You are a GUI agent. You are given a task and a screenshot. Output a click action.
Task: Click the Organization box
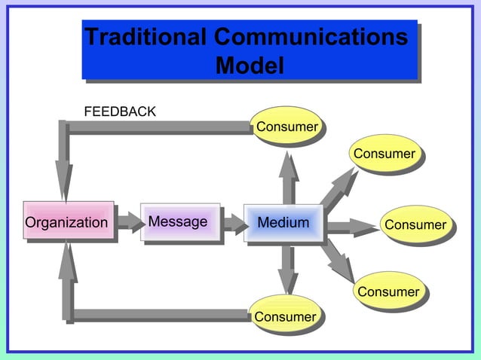[x=68, y=222]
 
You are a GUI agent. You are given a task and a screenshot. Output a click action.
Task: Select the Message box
[x=179, y=222]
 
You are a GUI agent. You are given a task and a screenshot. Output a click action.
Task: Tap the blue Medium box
[x=283, y=223]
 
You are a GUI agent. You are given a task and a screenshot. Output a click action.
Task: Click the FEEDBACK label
[x=120, y=112]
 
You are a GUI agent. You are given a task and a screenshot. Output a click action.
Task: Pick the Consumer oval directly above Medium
[x=286, y=127]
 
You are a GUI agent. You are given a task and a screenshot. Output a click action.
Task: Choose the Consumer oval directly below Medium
[x=284, y=316]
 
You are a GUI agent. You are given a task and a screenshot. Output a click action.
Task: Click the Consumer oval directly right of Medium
[x=415, y=225]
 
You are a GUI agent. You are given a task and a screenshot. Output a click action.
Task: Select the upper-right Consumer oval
[x=384, y=154]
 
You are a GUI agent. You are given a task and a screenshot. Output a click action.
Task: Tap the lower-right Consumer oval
[x=388, y=291]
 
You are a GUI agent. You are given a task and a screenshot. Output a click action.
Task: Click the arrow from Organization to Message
[x=128, y=222]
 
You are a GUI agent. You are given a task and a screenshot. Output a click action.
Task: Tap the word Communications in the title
[x=311, y=36]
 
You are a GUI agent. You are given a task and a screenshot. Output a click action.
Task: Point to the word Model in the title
[x=250, y=66]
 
